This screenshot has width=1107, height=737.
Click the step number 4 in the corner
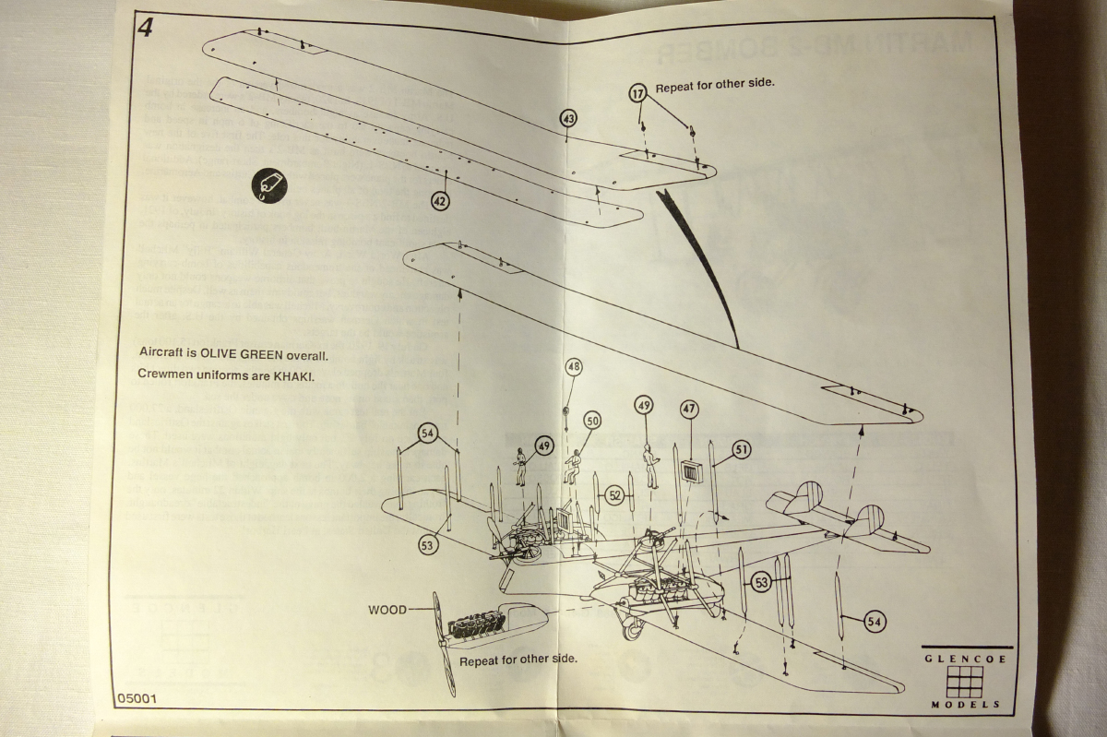(x=145, y=27)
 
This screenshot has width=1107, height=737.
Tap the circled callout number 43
(x=568, y=119)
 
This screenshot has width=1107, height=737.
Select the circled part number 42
(x=440, y=200)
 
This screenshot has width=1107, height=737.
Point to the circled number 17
(x=638, y=93)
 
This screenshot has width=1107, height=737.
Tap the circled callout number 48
(x=574, y=367)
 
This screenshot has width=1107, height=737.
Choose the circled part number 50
(x=591, y=420)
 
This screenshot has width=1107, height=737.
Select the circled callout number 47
(x=689, y=409)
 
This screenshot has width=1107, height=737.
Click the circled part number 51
(x=742, y=449)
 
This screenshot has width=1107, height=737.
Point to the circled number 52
(x=615, y=495)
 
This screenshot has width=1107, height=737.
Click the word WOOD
(x=387, y=610)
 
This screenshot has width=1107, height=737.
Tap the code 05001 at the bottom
(x=137, y=698)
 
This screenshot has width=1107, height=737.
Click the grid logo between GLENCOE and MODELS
(x=964, y=682)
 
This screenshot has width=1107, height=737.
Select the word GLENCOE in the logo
(x=964, y=660)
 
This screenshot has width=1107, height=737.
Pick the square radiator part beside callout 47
(x=691, y=473)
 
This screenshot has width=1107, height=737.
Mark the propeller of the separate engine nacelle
(x=444, y=644)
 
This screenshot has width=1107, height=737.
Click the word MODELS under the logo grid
(x=964, y=705)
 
